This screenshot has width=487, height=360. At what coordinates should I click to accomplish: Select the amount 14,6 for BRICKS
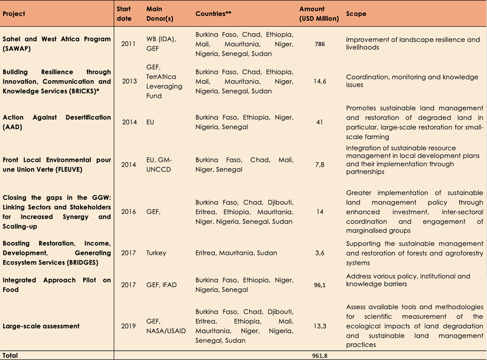(319, 81)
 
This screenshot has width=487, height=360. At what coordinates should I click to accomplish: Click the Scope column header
(357, 14)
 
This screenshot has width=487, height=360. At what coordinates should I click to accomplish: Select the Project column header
(14, 14)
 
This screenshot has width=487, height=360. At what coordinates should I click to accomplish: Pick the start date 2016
(129, 212)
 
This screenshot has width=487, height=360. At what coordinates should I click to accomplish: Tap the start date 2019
(129, 326)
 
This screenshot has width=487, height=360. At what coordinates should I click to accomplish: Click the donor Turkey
(156, 253)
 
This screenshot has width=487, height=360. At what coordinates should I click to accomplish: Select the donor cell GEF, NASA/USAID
(165, 326)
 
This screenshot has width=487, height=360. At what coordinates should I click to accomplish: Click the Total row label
(10, 355)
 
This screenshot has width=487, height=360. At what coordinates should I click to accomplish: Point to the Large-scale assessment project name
(41, 326)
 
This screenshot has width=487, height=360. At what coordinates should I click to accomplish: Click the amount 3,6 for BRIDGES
(319, 253)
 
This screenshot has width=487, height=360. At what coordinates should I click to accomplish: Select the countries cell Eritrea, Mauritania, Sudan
(239, 253)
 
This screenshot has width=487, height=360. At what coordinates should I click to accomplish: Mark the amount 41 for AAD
(319, 122)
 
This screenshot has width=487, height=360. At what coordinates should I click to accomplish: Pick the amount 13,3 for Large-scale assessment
(319, 326)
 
